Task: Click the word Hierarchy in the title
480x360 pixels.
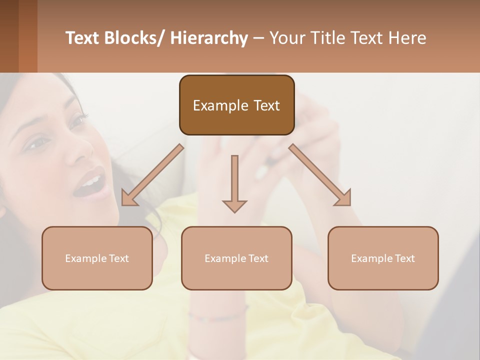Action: pyautogui.click(x=209, y=38)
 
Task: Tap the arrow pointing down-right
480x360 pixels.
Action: pyautogui.click(x=320, y=175)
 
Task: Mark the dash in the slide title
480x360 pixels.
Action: pyautogui.click(x=258, y=38)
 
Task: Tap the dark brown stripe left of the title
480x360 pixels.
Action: pyautogui.click(x=9, y=36)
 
